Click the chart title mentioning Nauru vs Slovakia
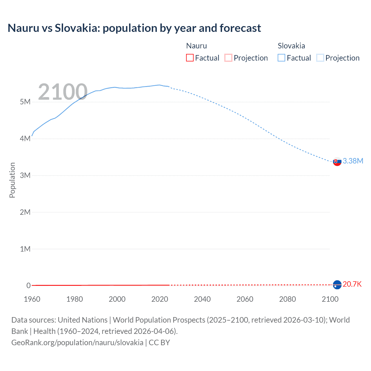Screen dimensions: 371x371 134,28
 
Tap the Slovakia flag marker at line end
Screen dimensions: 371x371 337,161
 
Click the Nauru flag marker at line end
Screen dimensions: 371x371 337,285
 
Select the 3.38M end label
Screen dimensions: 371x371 353,161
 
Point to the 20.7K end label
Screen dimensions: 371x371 352,284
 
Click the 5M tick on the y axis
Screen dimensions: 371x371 25,102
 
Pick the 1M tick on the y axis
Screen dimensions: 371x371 25,249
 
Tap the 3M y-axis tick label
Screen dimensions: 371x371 25,175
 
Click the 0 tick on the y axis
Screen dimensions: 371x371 28,285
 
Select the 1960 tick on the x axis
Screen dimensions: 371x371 32,299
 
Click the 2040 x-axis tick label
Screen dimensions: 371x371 202,299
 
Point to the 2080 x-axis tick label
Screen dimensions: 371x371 288,299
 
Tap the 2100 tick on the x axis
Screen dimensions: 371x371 330,299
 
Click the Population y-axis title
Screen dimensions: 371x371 12,180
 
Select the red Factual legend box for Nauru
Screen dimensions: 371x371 190,58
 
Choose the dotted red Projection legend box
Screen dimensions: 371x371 228,58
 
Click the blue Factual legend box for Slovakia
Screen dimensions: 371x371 281,58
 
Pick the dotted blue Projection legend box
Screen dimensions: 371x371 320,58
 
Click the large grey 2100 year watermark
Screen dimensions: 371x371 63,92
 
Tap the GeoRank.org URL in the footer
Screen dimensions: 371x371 77,343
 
